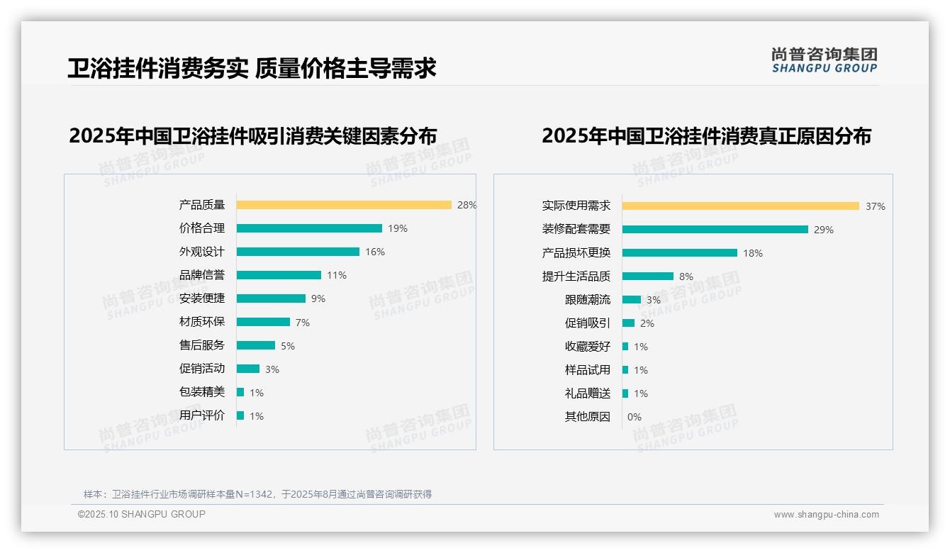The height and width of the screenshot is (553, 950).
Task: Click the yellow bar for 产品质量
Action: [x=344, y=205]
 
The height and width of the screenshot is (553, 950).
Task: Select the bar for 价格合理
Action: [x=309, y=228]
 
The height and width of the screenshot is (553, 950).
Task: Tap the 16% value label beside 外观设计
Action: [x=375, y=252]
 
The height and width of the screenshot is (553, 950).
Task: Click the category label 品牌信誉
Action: [x=202, y=275]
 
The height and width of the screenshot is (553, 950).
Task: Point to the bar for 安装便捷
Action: [x=271, y=298]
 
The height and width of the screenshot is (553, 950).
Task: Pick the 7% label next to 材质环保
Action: [x=303, y=323]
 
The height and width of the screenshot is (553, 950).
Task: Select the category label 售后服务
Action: [x=202, y=345]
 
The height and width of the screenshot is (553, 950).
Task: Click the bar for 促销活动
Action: [x=248, y=369]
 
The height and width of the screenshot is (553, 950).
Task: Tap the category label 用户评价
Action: [x=202, y=415]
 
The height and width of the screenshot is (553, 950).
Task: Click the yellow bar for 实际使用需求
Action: [x=740, y=206]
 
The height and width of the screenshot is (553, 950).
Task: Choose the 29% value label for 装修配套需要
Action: [x=824, y=230]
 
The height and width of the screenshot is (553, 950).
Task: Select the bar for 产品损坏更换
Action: [x=679, y=253]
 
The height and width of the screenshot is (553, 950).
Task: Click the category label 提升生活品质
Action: [x=576, y=276]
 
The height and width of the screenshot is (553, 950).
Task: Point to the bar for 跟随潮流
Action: [x=631, y=300]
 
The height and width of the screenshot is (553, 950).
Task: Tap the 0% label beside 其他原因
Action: [x=635, y=417]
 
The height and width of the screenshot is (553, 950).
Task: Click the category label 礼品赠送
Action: [x=588, y=393]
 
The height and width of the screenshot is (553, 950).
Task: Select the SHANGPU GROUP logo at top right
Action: [x=825, y=60]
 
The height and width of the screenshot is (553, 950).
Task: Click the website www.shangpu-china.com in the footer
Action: [x=826, y=515]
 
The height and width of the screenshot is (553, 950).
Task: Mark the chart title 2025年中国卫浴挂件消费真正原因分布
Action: [x=706, y=135]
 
